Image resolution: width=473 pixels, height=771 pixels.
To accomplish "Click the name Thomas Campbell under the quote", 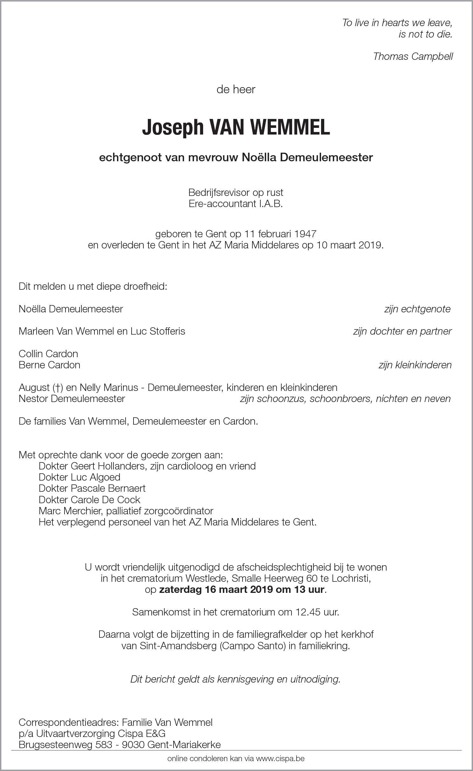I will (413, 56).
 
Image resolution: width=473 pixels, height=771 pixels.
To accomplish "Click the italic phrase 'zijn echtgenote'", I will (417, 309).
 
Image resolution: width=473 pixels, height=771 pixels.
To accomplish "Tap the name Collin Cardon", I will (48, 353).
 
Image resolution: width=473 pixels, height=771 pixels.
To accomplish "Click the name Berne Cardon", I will (49, 365).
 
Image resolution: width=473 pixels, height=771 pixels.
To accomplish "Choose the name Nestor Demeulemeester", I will (72, 399).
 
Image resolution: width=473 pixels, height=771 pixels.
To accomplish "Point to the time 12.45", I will (303, 612).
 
